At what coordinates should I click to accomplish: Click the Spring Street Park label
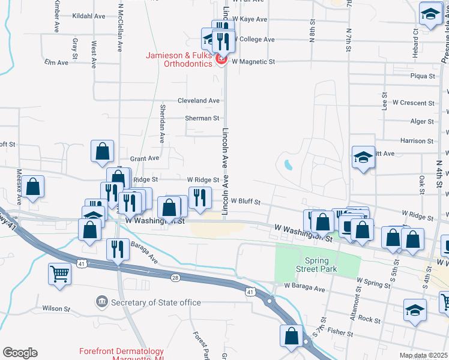tap(318, 265)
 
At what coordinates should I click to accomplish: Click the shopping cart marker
tap(59, 274)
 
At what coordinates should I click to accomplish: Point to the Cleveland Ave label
tap(198, 101)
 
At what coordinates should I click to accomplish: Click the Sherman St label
tap(202, 119)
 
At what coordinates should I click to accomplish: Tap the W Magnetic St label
tap(253, 61)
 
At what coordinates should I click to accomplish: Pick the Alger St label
tap(421, 121)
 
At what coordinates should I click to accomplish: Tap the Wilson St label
tap(56, 308)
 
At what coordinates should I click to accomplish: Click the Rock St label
tap(369, 320)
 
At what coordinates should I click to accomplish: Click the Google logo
tap(20, 353)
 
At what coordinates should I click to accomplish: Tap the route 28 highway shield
tap(175, 277)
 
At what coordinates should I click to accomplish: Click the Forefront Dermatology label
tap(122, 352)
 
